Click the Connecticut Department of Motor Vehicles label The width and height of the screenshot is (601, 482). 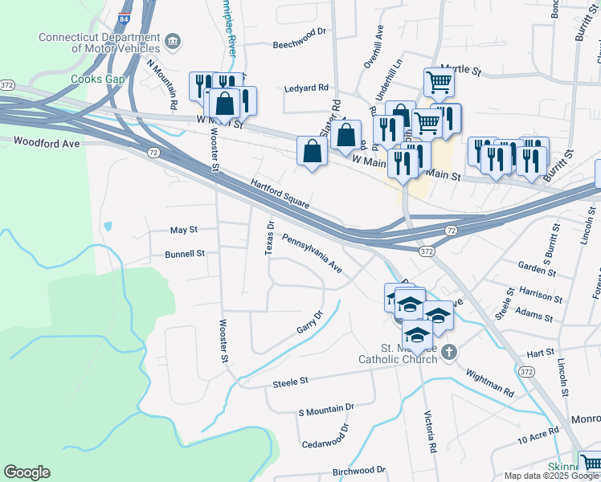99,43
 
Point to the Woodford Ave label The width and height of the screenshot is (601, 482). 47,142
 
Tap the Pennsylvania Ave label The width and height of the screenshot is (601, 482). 312,253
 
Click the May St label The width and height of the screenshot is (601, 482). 184,230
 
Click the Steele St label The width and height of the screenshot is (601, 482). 291,381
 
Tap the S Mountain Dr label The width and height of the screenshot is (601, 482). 325,410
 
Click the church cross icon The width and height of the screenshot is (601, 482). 449,351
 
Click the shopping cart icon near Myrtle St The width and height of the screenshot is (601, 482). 439,80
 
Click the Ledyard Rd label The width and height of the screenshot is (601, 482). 307,87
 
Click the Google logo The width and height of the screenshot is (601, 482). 27,472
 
